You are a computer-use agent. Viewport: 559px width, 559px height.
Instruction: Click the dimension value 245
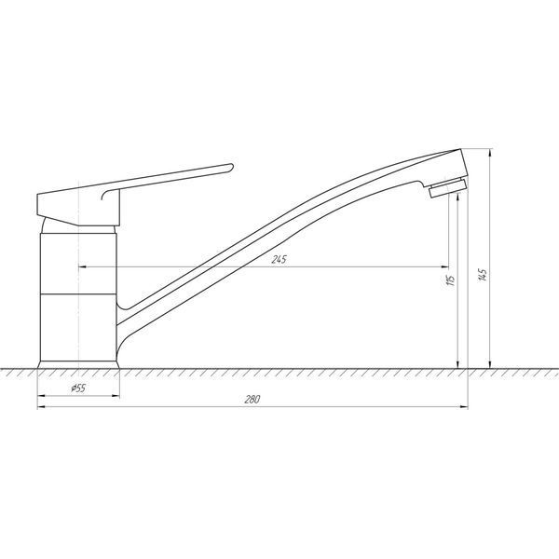click(x=279, y=260)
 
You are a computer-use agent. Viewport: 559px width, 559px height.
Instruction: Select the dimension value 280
click(x=252, y=400)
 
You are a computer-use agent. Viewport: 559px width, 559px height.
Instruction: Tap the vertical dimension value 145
click(x=483, y=275)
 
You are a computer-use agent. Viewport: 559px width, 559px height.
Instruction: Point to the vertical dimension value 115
click(x=451, y=280)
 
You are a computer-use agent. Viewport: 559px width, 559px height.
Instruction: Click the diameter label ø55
click(x=78, y=388)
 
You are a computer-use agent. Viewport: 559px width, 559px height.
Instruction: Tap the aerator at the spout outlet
click(x=448, y=187)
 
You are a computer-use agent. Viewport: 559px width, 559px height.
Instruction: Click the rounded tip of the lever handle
click(x=231, y=167)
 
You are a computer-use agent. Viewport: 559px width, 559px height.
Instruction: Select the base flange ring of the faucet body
click(x=78, y=364)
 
